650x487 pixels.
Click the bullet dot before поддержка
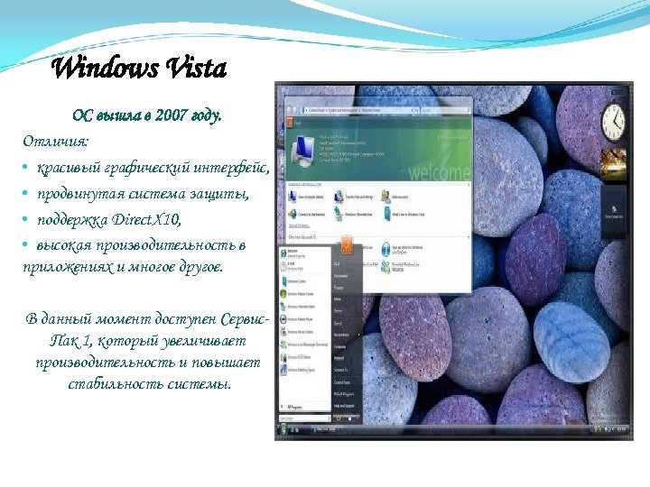tap(26, 220)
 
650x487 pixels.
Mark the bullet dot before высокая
tap(26, 245)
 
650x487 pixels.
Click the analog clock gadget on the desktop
tap(614, 120)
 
